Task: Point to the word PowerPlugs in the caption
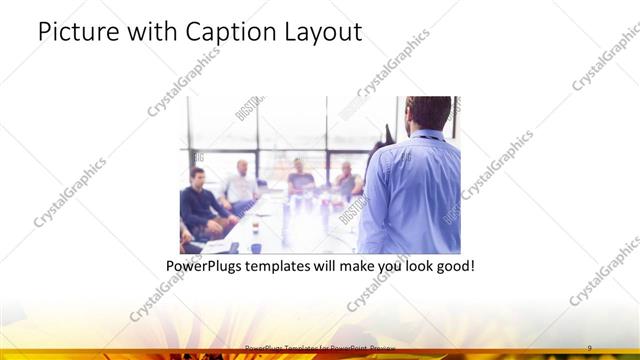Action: coord(209,267)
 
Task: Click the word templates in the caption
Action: coord(294,267)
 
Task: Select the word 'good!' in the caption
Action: coord(452,267)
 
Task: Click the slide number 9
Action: coord(589,347)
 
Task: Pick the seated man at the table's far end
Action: coord(300,177)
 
